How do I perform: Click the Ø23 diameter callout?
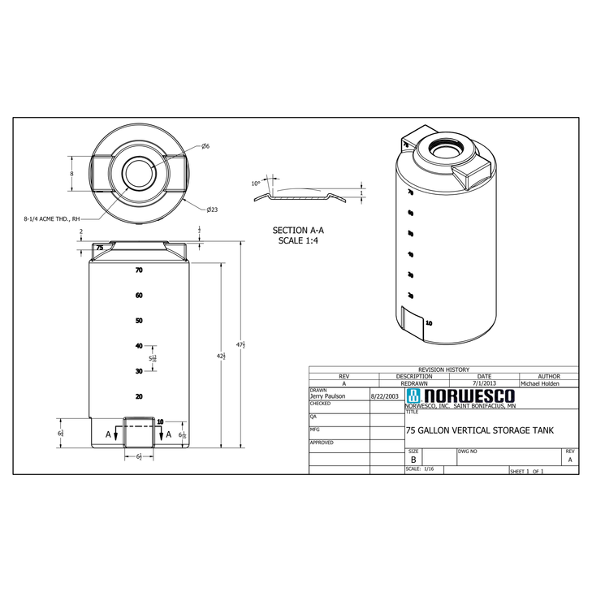(211, 210)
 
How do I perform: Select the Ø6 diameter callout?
(205, 146)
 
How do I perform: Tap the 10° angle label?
(256, 184)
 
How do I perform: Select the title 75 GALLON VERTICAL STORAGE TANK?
(479, 430)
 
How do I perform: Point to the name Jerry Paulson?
(328, 396)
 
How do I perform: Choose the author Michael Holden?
(539, 383)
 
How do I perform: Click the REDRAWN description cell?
(414, 383)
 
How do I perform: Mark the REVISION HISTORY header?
(443, 369)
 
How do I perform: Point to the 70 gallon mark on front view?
(139, 270)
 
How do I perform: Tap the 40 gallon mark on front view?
(139, 346)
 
